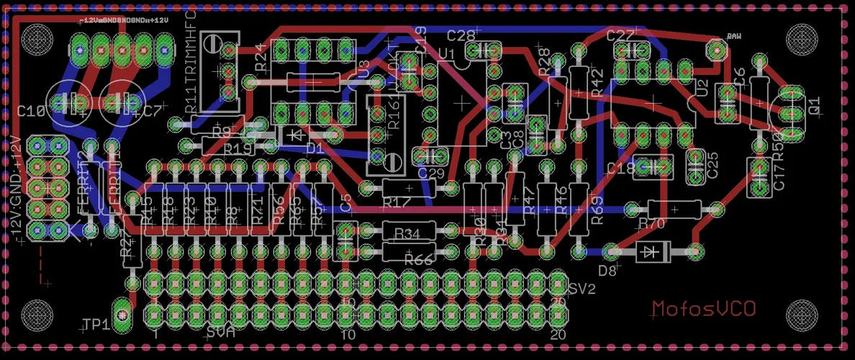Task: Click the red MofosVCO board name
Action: [x=703, y=309]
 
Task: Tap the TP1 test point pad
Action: [x=123, y=315]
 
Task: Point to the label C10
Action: [x=30, y=112]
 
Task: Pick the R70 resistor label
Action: [x=651, y=224]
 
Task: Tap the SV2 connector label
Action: [x=582, y=289]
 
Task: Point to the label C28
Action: [x=461, y=35]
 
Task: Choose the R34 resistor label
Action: [x=407, y=233]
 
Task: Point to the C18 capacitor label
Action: [x=620, y=168]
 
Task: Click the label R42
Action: [x=597, y=84]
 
